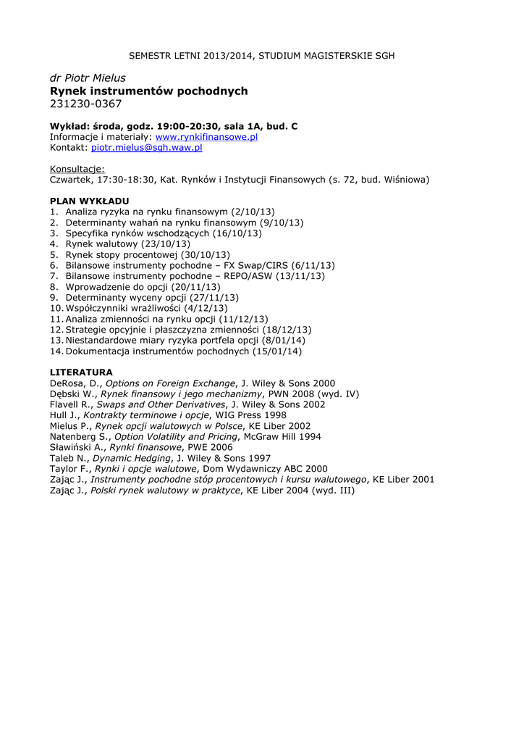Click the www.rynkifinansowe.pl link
coord(207,137)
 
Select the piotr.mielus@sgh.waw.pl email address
coord(146,147)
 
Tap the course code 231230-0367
coord(85,106)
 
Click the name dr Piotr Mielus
coord(88,78)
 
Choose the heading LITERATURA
coord(81,372)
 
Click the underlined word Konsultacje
coord(77,169)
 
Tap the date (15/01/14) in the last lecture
coord(277,351)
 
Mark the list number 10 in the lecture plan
coord(56,309)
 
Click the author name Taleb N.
coord(67,459)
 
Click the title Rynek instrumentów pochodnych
coord(148,91)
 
